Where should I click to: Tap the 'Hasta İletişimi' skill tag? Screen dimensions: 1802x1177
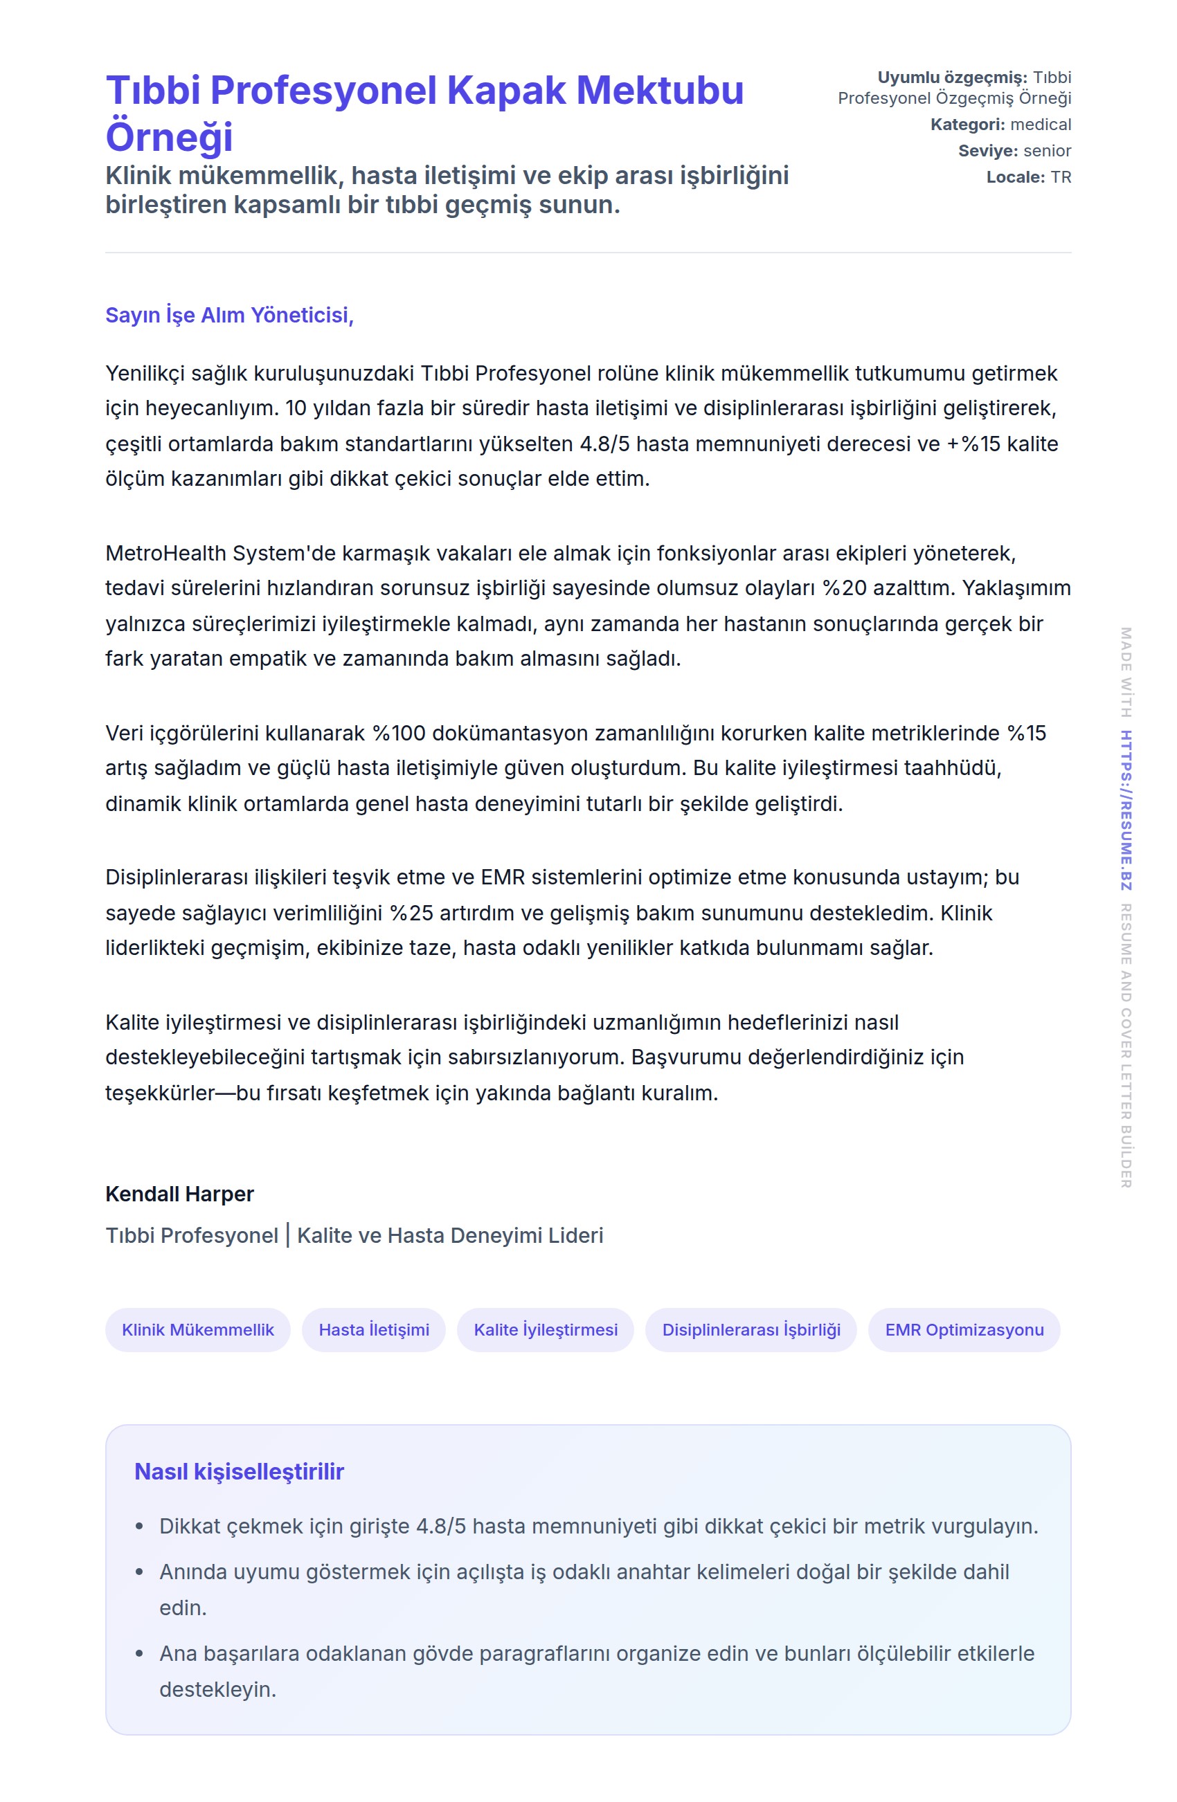[x=373, y=1329]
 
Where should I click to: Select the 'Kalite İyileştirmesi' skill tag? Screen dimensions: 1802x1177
[x=546, y=1329]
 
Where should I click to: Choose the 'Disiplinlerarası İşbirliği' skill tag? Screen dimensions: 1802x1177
[x=751, y=1329]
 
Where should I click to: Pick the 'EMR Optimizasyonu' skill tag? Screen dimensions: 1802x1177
[x=964, y=1329]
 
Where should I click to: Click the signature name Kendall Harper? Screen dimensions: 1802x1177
[x=179, y=1194]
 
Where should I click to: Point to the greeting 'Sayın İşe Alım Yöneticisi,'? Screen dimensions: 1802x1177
[x=229, y=315]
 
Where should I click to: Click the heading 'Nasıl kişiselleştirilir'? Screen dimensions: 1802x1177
[x=239, y=1472]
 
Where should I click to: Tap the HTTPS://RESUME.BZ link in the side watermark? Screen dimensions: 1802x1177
[x=1126, y=810]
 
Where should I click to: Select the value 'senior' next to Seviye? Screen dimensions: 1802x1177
[x=1047, y=151]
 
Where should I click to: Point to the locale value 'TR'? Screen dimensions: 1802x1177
[x=1061, y=177]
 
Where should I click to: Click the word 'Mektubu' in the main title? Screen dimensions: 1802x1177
[x=660, y=91]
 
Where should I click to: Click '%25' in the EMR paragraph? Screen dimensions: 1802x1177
[x=411, y=913]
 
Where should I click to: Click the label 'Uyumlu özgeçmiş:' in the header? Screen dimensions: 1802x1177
[x=952, y=78]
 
